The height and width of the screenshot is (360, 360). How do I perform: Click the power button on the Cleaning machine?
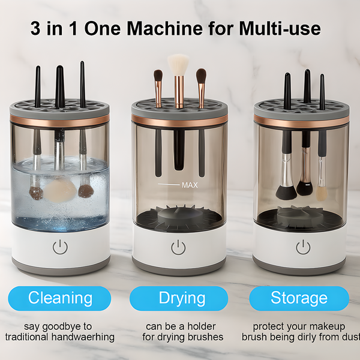pos(59,247)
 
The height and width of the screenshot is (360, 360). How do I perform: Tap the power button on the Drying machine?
pos(178,247)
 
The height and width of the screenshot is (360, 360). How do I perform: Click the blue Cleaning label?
pos(60,298)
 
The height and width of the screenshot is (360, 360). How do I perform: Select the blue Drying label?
pos(181,298)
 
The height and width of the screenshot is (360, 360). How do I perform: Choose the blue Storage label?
pos(299,298)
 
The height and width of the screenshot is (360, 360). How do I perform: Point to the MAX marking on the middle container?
pos(189,185)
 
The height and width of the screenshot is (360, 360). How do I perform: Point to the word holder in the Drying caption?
pos(199,326)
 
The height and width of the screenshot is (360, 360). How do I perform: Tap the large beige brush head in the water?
pos(59,191)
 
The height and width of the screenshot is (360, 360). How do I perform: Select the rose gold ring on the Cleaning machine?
pos(59,119)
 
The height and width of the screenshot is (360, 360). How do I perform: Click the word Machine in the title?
pos(157,28)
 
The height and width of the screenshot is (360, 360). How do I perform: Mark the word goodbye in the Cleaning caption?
pos(71,326)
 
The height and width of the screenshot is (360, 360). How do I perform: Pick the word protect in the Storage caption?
pos(268,326)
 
